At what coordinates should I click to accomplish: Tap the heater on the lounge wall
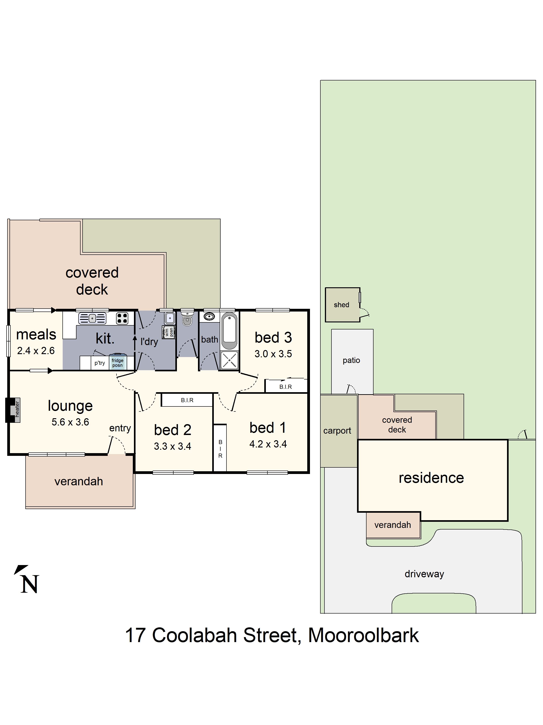coord(13,410)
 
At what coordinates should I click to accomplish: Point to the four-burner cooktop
coord(122,318)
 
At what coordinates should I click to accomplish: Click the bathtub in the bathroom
coord(229,331)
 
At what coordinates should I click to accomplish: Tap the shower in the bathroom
coord(229,360)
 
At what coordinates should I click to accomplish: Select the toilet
coord(187,318)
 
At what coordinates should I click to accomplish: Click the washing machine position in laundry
coord(169,332)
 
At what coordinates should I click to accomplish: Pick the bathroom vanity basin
coord(209,317)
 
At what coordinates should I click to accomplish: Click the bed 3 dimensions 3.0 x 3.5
coord(273,354)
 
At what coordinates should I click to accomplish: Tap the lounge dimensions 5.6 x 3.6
coord(70,422)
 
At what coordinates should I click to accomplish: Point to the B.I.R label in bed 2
coord(187,400)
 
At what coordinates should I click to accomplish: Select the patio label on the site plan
coord(351,360)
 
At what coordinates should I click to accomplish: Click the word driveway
coord(424,574)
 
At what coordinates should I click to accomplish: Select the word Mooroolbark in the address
coord(363,636)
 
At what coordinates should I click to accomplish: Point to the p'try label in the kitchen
coord(100,363)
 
